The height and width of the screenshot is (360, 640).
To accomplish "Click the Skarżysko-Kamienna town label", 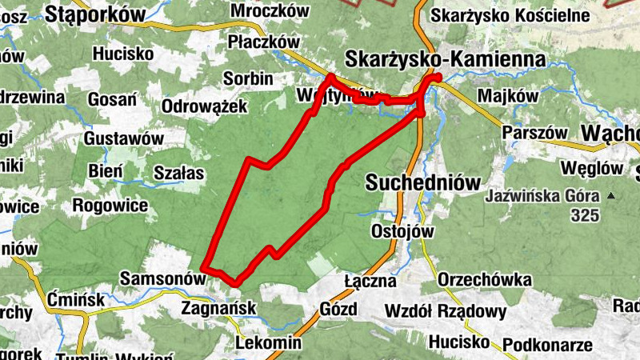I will pyautogui.click(x=445, y=59).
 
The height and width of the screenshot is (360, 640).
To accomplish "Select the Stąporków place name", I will pyautogui.click(x=95, y=13).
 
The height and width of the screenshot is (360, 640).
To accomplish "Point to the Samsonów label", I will pyautogui.click(x=162, y=278).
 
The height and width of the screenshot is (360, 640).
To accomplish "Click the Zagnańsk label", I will pyautogui.click(x=218, y=307).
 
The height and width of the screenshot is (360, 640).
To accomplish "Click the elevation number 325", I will pyautogui.click(x=586, y=214).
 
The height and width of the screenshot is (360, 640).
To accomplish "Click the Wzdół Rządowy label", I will pyautogui.click(x=446, y=311).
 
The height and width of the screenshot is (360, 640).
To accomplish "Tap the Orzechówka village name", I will pyautogui.click(x=486, y=280).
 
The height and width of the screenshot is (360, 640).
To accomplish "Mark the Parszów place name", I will pyautogui.click(x=535, y=132).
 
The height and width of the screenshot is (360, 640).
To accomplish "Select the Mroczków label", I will pyautogui.click(x=269, y=10).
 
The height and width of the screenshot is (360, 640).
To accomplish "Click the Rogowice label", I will pyautogui.click(x=110, y=206).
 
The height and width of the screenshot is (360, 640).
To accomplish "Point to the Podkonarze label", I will pyautogui.click(x=547, y=344).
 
